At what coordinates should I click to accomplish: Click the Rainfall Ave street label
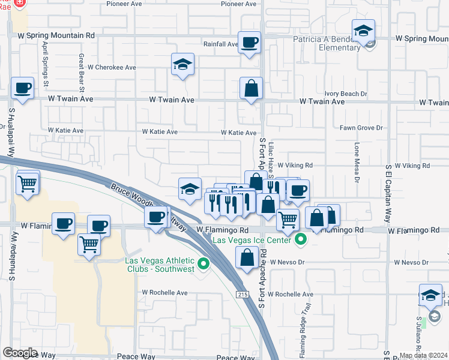point(220,44)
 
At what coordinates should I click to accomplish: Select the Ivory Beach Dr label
point(345,94)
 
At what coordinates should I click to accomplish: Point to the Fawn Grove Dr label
point(361,128)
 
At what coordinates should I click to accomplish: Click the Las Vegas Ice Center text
point(252,240)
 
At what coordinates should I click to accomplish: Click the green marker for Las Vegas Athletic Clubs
point(204,263)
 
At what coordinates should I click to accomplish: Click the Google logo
point(20,353)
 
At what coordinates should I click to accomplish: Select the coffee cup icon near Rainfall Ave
point(250,42)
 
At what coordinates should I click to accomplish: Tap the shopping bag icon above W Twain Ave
point(251,88)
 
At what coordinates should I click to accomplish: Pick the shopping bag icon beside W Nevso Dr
point(248,259)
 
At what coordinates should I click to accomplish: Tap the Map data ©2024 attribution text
point(423,355)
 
